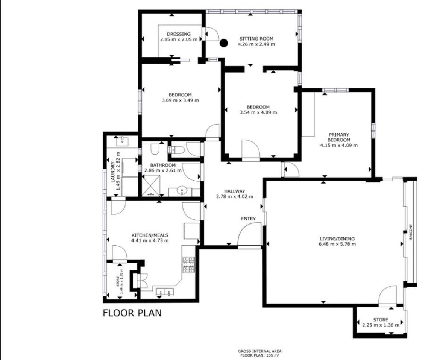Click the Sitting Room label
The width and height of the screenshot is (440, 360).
point(256,39)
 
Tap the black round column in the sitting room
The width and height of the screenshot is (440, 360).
point(223,43)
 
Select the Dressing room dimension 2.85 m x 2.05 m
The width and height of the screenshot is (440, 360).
point(179,39)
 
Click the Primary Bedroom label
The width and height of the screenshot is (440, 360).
point(339,137)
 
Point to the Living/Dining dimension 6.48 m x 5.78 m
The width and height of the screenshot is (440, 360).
point(337,244)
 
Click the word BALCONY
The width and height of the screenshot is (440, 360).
point(410,232)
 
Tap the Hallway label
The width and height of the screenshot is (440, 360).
point(235,191)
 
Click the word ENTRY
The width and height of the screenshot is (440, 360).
point(248,219)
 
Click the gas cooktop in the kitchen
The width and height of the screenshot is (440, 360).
point(188,265)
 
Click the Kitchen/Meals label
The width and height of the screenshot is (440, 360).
point(150,235)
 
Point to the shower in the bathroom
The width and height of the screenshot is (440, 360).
point(152,185)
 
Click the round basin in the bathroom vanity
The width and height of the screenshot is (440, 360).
point(182,190)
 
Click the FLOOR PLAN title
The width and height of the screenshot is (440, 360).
point(132,313)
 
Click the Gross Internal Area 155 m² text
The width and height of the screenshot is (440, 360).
point(259,353)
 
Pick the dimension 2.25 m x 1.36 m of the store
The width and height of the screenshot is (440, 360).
point(381,325)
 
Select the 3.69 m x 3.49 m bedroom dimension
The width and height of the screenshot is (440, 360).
point(180,100)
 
